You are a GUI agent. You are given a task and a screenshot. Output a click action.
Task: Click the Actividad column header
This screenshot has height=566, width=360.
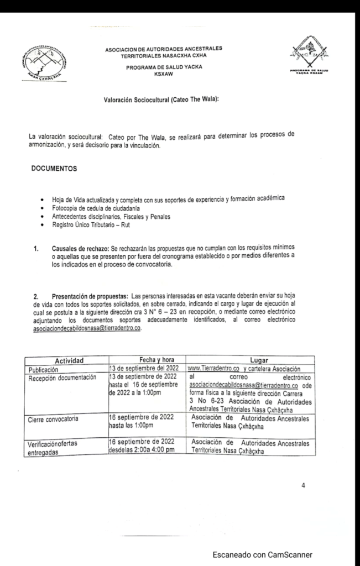(x=65, y=361)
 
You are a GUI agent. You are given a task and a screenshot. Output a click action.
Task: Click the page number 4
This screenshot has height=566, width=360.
(x=302, y=486)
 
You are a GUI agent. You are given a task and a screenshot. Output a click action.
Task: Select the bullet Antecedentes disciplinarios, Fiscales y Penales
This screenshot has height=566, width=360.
(x=111, y=216)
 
